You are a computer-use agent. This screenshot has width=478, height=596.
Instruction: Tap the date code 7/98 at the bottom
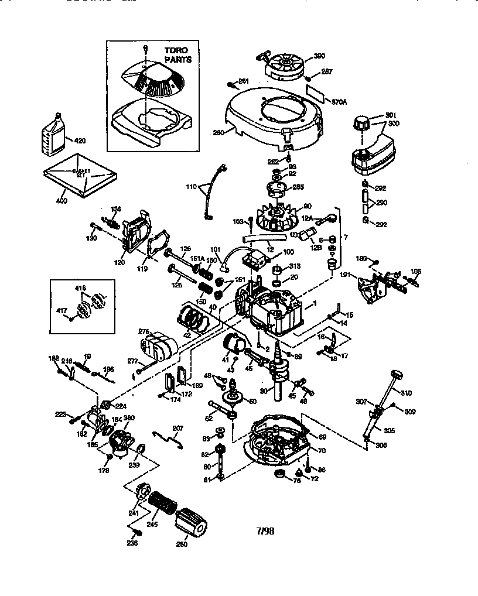pyautogui.click(x=265, y=532)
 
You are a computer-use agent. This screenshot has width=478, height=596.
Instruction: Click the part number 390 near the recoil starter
pyautogui.click(x=319, y=56)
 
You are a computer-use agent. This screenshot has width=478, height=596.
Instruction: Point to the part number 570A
pyautogui.click(x=340, y=101)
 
